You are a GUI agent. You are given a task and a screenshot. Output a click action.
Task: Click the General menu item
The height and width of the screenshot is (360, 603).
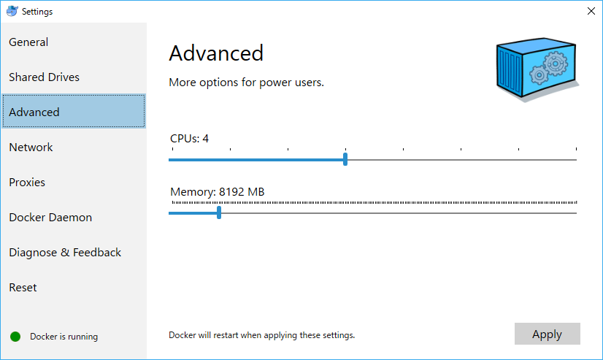pyautogui.click(x=28, y=42)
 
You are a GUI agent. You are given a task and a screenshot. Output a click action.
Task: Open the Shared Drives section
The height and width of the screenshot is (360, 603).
pyautogui.click(x=45, y=77)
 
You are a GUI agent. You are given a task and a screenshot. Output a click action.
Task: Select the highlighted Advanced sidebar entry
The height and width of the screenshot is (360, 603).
pyautogui.click(x=74, y=111)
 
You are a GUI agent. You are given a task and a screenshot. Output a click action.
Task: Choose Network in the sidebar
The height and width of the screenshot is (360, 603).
pyautogui.click(x=31, y=147)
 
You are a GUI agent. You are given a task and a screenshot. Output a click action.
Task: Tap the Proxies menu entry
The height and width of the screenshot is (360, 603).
pyautogui.click(x=27, y=183)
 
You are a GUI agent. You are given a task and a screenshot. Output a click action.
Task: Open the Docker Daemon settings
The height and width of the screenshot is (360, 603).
pyautogui.click(x=50, y=218)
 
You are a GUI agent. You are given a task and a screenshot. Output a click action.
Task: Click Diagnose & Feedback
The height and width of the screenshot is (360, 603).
pyautogui.click(x=65, y=253)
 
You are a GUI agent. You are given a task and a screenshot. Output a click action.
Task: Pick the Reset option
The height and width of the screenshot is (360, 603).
pyautogui.click(x=23, y=287)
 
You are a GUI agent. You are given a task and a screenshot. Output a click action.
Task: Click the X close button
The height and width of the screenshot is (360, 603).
pyautogui.click(x=591, y=11)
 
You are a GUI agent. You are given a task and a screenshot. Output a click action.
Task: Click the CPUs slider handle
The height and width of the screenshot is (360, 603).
pyautogui.click(x=345, y=159)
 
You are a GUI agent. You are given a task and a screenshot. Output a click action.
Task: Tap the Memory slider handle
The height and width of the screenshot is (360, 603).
pyautogui.click(x=219, y=212)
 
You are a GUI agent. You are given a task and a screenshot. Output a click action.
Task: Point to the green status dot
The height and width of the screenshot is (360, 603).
pyautogui.click(x=15, y=337)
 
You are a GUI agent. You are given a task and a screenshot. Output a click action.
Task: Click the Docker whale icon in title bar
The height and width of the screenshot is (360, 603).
pyautogui.click(x=12, y=11)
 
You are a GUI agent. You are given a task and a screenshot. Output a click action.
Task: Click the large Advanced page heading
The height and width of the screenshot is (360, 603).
pyautogui.click(x=216, y=53)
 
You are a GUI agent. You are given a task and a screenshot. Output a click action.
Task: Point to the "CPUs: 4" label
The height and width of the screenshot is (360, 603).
pyautogui.click(x=189, y=139)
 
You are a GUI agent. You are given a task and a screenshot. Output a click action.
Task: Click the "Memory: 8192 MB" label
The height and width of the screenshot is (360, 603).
pyautogui.click(x=218, y=191)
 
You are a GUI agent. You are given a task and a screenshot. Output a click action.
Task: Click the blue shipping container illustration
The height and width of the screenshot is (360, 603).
pyautogui.click(x=537, y=69)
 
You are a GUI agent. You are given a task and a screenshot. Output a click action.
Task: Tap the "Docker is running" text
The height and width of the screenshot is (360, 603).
pyautogui.click(x=64, y=337)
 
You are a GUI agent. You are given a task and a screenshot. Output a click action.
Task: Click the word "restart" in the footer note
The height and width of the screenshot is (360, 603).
pyautogui.click(x=226, y=335)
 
